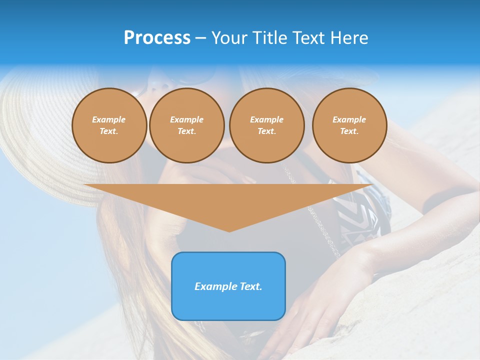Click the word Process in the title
click(157, 38)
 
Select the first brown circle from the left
click(109, 125)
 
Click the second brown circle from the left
click(186, 125)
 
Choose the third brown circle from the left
click(266, 125)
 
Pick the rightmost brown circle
click(349, 125)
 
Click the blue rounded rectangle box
click(228, 286)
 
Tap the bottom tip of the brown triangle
click(229, 230)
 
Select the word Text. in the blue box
click(250, 286)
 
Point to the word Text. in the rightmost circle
click(349, 131)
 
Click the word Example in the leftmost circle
click(109, 119)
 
